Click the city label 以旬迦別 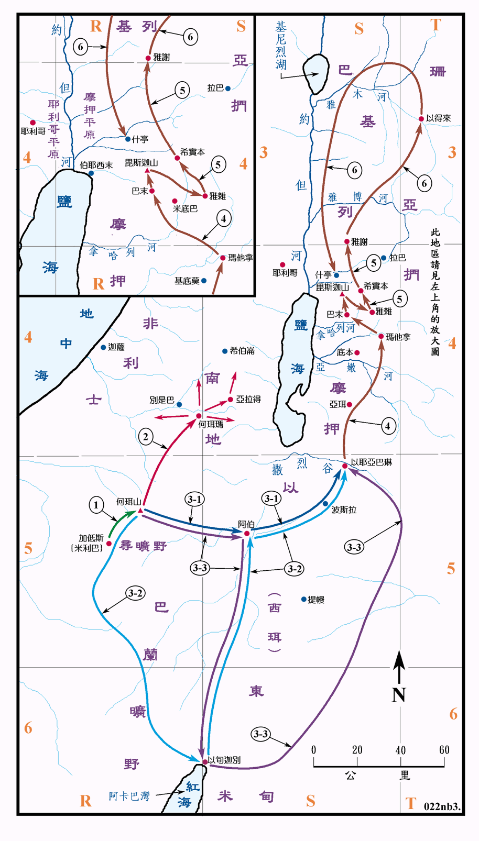(224, 760)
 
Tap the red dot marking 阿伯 (247, 533)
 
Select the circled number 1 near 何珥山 (96, 505)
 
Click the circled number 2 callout (146, 437)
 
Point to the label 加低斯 (91, 538)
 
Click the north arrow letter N (399, 694)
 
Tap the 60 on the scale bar (444, 750)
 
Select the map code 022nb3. (442, 806)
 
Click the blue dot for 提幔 (303, 599)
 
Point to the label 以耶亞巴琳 (371, 462)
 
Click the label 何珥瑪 (211, 424)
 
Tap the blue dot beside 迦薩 (103, 347)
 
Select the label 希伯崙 (242, 351)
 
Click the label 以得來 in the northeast (438, 118)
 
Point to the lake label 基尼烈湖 (281, 46)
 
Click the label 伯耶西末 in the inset (96, 165)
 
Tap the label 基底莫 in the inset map (187, 281)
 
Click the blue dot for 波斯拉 (325, 504)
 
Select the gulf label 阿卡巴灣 (129, 796)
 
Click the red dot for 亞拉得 (231, 400)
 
